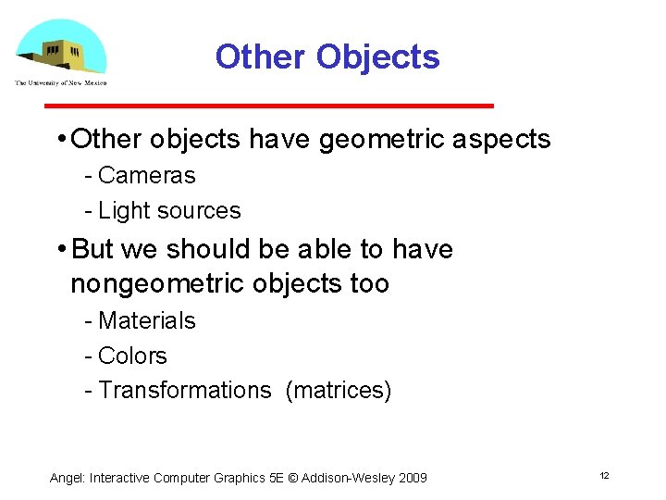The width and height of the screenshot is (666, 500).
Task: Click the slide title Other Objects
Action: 327,57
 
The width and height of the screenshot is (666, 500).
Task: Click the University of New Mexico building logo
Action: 61,47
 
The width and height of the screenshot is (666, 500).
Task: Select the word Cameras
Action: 147,175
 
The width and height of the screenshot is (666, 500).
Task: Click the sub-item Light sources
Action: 169,210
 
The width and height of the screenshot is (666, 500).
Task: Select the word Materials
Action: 147,320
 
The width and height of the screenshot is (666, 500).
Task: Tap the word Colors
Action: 132,356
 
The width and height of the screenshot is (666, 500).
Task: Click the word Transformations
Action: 185,391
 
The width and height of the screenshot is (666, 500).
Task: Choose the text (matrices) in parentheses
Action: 339,391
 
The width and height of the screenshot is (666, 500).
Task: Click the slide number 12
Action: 604,475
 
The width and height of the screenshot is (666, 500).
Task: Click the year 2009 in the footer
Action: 412,478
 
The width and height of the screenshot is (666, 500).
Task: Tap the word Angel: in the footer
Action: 68,478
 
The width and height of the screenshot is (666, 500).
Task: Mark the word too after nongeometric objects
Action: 370,283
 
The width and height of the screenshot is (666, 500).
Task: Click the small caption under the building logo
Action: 61,82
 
